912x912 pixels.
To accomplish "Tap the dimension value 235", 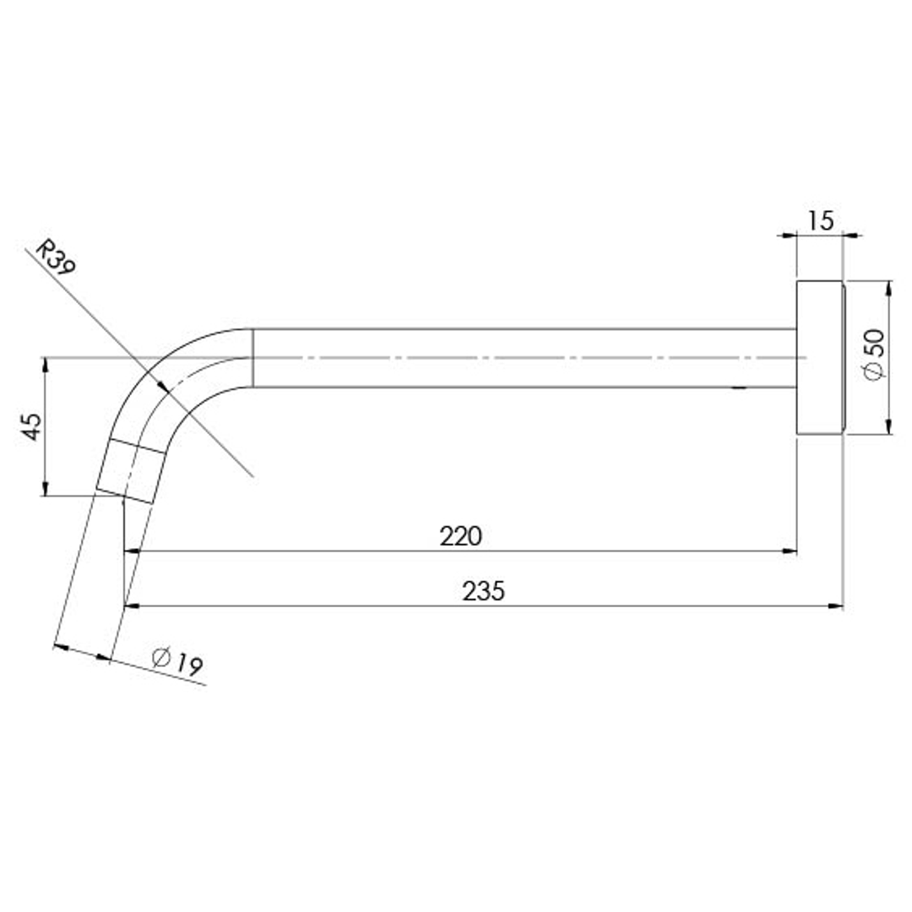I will pyautogui.click(x=483, y=591).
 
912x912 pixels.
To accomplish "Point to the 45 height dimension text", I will pyautogui.click(x=31, y=426).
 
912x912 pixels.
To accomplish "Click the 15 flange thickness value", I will pyautogui.click(x=819, y=220).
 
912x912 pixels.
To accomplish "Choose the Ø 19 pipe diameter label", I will pyautogui.click(x=176, y=660).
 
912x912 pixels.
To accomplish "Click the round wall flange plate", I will pyautogui.click(x=819, y=357).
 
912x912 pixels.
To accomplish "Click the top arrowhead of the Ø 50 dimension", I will pyautogui.click(x=888, y=288).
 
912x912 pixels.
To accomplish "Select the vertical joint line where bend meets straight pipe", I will pyautogui.click(x=253, y=357).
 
